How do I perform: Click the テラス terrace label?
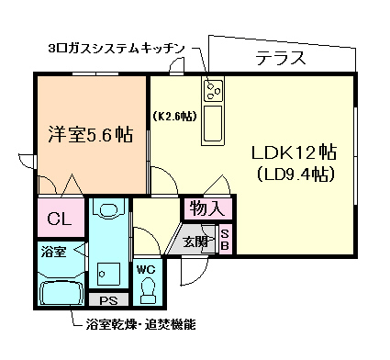tap(280, 59)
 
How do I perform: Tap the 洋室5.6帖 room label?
tap(90, 135)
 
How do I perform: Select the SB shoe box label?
tap(224, 241)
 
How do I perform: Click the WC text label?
tap(148, 270)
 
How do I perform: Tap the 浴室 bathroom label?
tap(53, 252)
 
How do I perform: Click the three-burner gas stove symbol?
tap(215, 90)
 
